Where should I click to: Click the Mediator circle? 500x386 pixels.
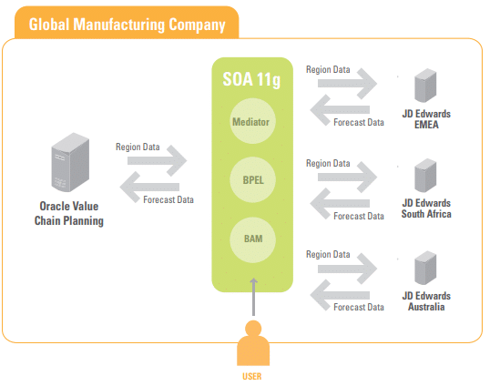(x=252, y=121)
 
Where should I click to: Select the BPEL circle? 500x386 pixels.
(x=252, y=179)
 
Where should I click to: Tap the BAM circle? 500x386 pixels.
(x=252, y=239)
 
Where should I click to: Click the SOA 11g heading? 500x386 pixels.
(x=251, y=80)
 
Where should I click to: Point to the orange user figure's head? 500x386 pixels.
(x=253, y=329)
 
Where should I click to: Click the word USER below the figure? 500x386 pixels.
(x=252, y=376)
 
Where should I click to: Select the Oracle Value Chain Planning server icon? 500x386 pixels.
(x=70, y=162)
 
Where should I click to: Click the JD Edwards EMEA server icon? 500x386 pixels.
(x=425, y=86)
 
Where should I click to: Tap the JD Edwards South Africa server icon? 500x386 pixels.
(x=425, y=176)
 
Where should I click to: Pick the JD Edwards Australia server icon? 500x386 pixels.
(x=425, y=268)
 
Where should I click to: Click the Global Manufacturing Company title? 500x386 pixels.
(x=127, y=25)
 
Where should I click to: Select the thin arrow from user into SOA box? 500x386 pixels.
(x=253, y=297)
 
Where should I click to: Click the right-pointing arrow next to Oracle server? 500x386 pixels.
(x=157, y=160)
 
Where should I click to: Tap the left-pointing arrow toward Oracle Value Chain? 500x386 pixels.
(x=149, y=188)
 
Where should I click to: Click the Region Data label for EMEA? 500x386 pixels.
(x=328, y=69)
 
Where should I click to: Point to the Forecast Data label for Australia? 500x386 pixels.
(x=359, y=307)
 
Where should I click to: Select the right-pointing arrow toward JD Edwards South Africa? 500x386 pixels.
(x=348, y=178)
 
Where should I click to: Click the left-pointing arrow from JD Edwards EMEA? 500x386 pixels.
(x=340, y=110)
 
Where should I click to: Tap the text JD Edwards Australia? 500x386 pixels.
(x=426, y=301)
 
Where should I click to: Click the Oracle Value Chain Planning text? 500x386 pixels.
(x=69, y=214)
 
